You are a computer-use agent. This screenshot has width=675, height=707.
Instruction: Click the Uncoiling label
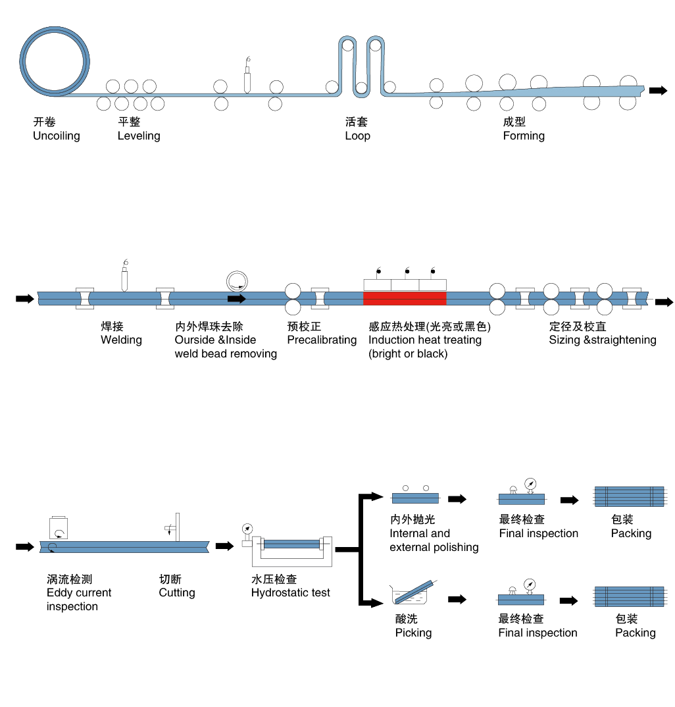[x=57, y=136]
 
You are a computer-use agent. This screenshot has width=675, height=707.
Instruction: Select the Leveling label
[x=139, y=136]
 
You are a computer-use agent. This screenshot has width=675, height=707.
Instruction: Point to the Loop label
[x=357, y=136]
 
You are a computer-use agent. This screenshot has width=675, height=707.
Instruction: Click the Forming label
[x=524, y=136]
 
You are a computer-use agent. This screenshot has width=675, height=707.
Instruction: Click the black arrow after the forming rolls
[x=657, y=91]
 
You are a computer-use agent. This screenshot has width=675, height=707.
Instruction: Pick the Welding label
[x=121, y=340]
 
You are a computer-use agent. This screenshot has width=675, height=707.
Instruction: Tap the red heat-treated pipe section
[x=405, y=298]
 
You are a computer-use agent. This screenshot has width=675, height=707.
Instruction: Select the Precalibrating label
[x=322, y=340]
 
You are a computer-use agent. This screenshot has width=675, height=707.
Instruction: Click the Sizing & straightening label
[x=603, y=340]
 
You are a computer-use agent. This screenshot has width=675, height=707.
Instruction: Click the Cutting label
[x=177, y=593]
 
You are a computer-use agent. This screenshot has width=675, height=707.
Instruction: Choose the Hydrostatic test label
[x=291, y=593]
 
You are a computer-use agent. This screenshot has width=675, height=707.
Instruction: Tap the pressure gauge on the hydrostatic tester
[x=247, y=529]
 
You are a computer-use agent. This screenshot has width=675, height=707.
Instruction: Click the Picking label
[x=413, y=633]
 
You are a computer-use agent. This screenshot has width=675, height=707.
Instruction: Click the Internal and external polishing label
[x=434, y=540]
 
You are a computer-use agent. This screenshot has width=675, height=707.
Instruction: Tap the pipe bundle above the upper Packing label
[x=630, y=496]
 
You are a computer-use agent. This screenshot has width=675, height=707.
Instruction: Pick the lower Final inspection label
[x=537, y=633]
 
